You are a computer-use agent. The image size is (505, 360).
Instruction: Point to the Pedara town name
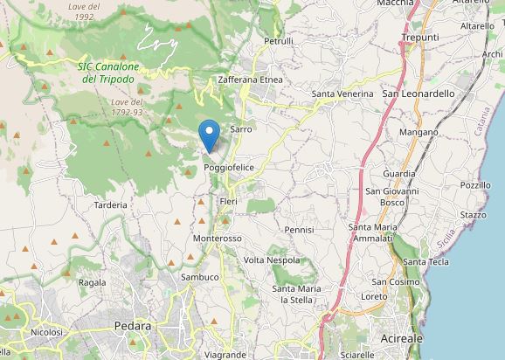coord(133,326)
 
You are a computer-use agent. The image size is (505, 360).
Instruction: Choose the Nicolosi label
coord(46,332)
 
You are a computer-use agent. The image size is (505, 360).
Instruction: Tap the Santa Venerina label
coord(342,93)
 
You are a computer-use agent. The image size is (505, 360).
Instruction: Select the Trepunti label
coord(419,38)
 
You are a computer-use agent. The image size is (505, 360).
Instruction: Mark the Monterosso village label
coord(217,239)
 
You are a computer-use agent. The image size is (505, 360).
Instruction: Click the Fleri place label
coord(229,202)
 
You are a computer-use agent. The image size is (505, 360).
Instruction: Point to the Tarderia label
coord(111,205)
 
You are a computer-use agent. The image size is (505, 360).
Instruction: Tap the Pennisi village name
coord(299,230)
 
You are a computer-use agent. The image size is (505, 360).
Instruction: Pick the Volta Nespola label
coord(272,260)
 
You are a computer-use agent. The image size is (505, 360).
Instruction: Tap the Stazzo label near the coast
coord(473,214)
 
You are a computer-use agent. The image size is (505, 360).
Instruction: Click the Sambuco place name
coord(199,277)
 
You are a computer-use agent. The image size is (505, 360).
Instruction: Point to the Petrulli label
coord(279,41)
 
